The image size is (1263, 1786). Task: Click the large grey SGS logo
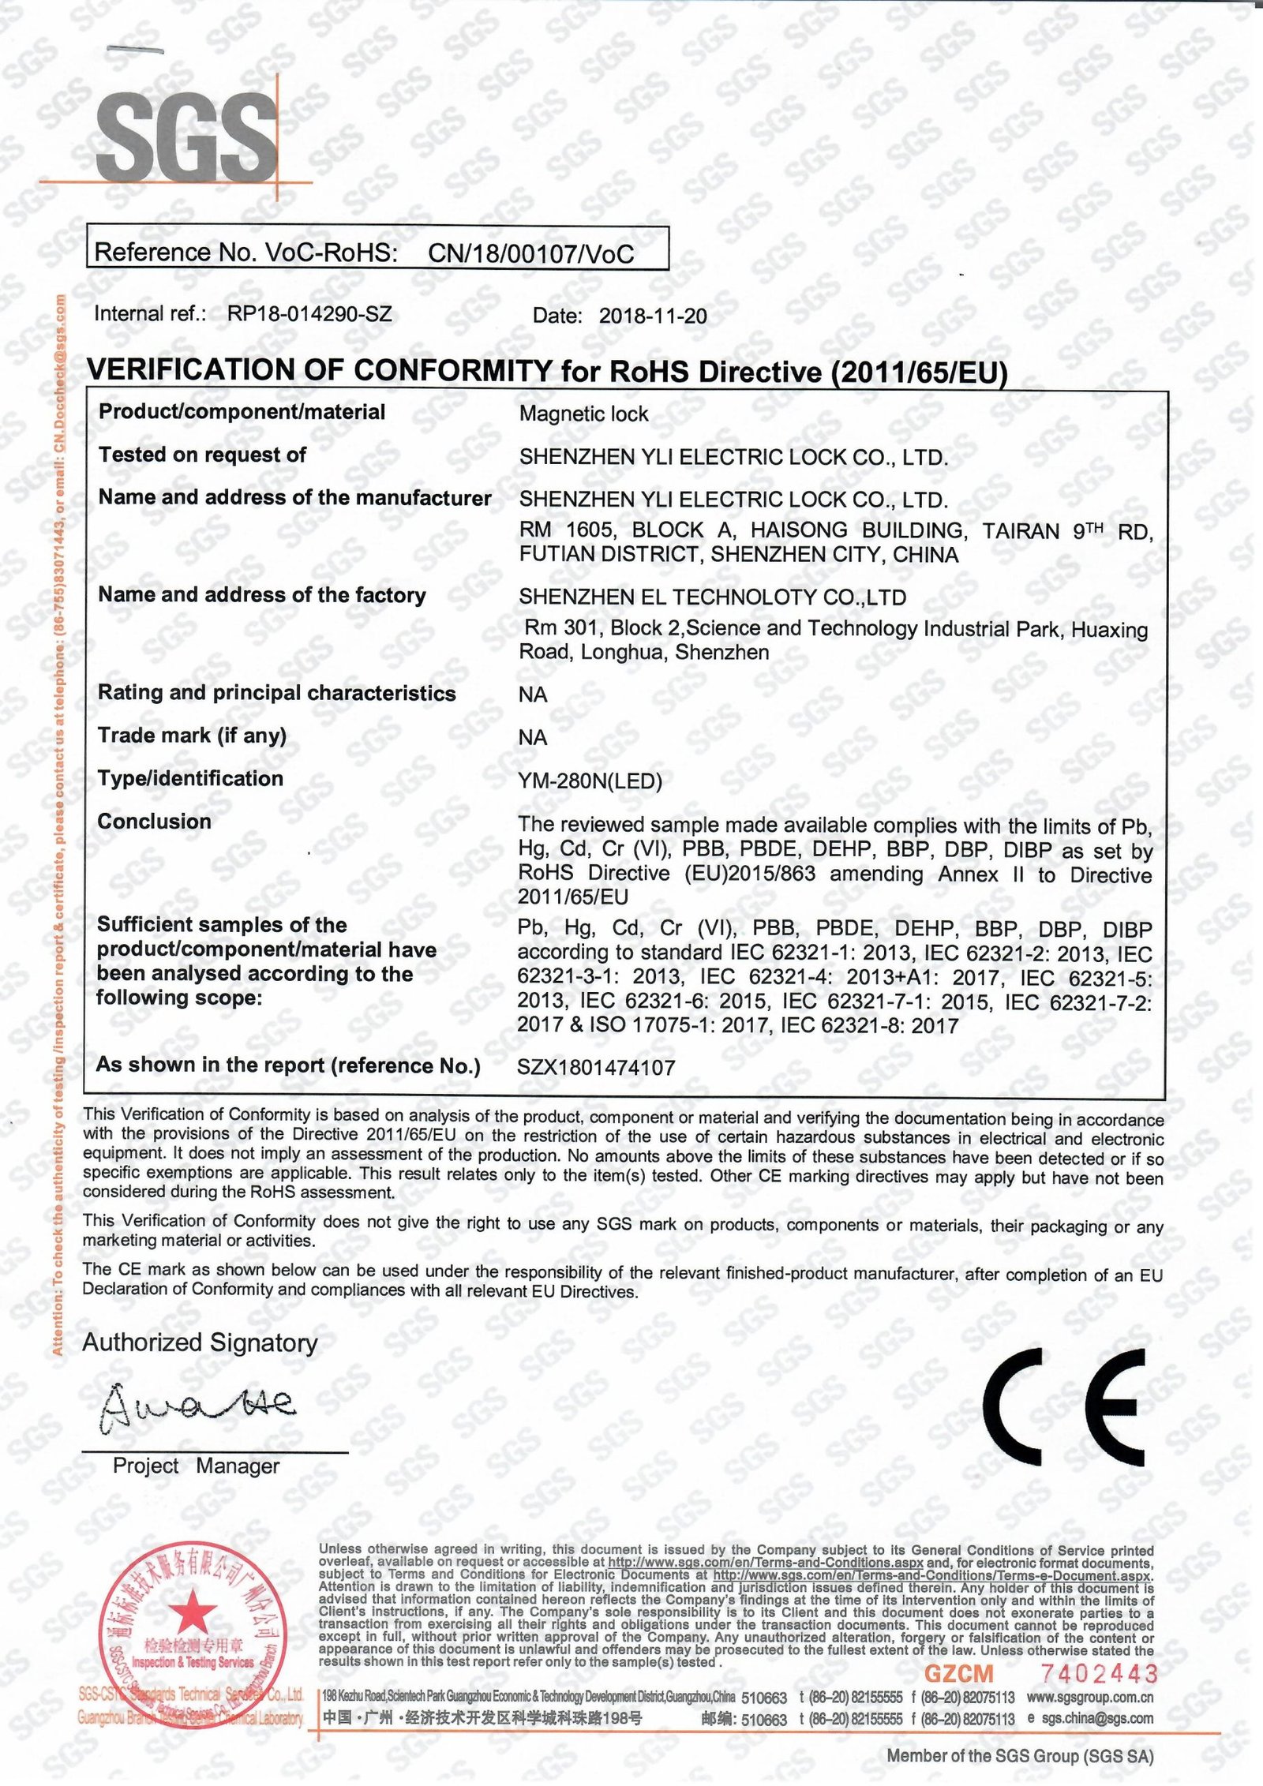point(186,135)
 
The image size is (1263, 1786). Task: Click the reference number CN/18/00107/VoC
point(530,254)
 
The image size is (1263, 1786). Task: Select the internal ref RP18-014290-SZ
point(309,314)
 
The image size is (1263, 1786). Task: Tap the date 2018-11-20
point(652,316)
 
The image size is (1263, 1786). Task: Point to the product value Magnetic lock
point(583,414)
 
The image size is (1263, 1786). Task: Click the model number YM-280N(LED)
point(590,781)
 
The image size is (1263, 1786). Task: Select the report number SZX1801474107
point(596,1068)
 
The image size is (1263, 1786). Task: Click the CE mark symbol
point(1063,1407)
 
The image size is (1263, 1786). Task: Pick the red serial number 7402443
point(1098,1674)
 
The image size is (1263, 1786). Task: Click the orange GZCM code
point(958,1674)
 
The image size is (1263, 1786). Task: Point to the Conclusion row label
point(154,822)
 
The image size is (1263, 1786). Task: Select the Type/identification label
point(190,779)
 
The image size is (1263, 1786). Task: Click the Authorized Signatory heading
point(200,1342)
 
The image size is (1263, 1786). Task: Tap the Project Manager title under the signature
point(196,1466)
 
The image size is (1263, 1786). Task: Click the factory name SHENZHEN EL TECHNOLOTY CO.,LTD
point(712,597)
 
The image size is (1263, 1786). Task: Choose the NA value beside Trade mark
point(533,737)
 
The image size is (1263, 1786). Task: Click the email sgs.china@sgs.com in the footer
point(1097,1718)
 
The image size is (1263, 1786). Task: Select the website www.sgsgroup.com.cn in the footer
point(1089,1697)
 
